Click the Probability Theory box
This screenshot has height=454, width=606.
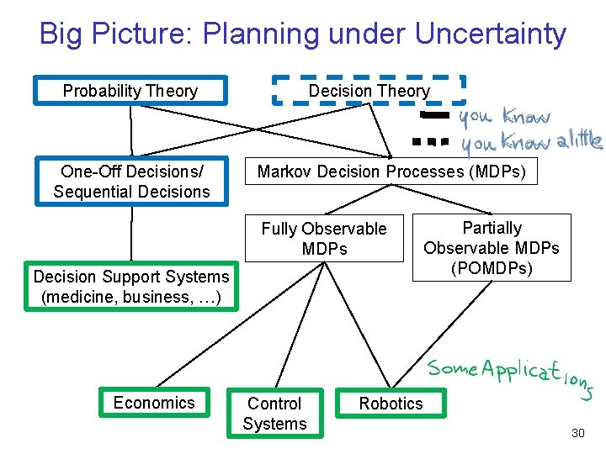130,91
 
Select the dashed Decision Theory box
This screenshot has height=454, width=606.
369,91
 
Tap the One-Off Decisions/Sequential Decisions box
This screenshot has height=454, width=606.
131,182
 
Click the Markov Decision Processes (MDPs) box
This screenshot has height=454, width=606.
391,172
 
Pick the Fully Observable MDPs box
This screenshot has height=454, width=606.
324,239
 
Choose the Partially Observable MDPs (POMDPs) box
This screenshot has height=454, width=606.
492,247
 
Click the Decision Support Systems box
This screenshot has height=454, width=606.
130,287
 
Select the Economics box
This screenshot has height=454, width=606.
153,403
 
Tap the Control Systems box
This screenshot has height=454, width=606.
274,413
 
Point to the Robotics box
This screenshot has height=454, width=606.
391,404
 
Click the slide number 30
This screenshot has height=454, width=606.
577,433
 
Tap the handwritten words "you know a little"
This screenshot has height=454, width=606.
531,142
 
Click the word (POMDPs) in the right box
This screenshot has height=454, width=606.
492,267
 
